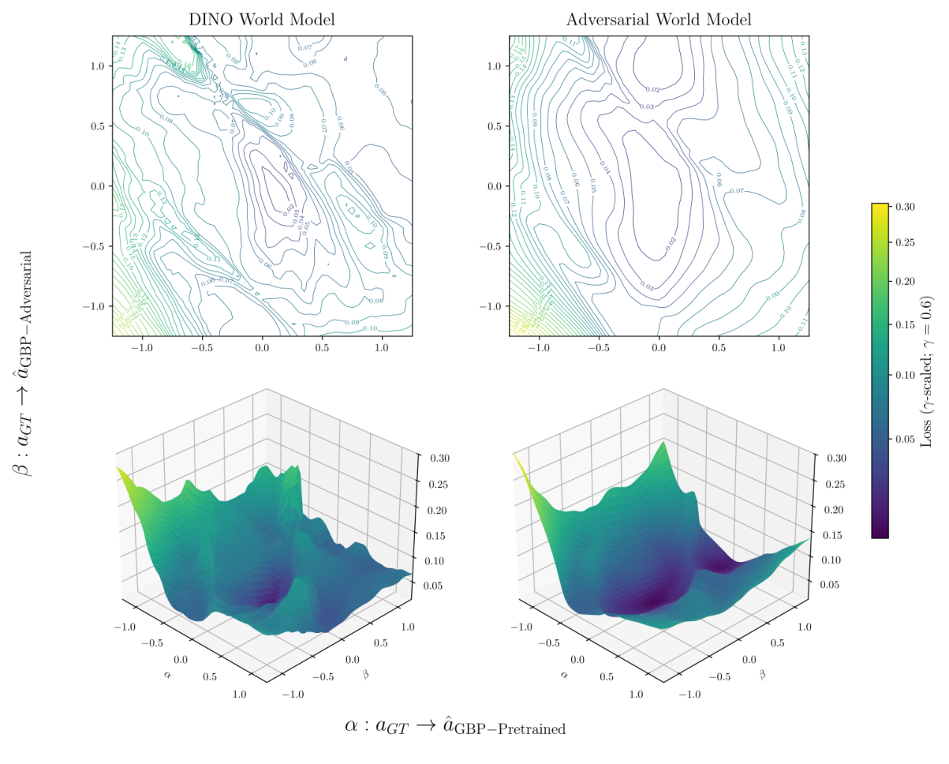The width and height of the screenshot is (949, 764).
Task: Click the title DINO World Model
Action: coord(262,20)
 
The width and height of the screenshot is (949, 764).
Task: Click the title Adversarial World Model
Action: coord(659,20)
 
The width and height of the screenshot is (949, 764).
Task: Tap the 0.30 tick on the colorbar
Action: coord(904,207)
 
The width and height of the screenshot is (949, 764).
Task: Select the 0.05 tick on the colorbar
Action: coord(904,439)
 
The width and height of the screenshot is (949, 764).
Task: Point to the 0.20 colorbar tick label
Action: coord(904,281)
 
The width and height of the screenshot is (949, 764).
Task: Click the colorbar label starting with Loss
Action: coord(927,371)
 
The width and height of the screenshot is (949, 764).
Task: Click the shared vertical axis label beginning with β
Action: coord(23,364)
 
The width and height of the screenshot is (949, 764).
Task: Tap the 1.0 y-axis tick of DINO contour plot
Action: coord(97,66)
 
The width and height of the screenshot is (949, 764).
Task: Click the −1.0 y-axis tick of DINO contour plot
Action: coord(95,306)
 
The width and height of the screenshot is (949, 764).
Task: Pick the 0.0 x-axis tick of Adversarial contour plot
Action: coord(659,347)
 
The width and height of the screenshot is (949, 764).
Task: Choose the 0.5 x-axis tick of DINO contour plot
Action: coord(322,347)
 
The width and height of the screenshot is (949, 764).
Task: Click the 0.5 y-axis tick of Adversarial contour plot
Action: coord(495,126)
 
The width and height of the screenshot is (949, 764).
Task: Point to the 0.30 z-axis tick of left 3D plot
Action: coord(440,458)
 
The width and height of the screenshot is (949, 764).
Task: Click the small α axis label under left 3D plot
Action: coord(166,675)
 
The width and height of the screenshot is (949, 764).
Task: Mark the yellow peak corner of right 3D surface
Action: coord(515,456)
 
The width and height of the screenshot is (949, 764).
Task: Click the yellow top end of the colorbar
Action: coord(880,206)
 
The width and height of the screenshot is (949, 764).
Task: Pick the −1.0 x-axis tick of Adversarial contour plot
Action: coord(539,347)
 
